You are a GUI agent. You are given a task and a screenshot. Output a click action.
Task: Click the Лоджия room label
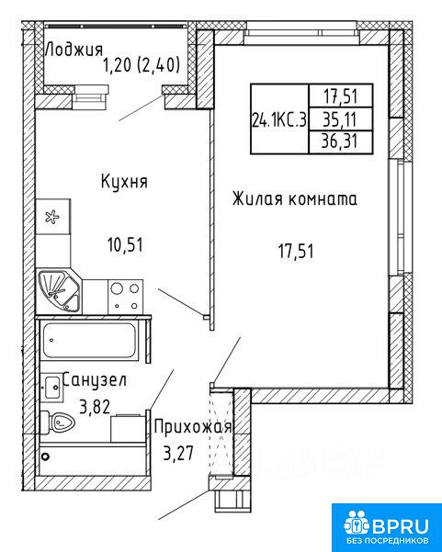(x=74, y=50)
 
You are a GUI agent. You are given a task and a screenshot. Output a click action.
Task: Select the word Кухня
(x=124, y=182)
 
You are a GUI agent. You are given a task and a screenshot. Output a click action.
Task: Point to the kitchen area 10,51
(x=125, y=245)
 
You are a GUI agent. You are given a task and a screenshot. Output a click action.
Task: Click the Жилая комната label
(x=295, y=199)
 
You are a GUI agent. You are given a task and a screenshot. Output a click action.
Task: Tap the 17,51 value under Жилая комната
(x=296, y=252)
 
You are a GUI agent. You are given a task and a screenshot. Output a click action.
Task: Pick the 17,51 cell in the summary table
(x=341, y=96)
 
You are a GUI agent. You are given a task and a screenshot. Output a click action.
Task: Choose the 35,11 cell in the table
(x=341, y=119)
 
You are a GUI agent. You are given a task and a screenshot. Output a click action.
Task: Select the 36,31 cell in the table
(x=341, y=142)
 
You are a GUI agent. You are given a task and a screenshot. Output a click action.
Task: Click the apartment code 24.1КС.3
(x=279, y=120)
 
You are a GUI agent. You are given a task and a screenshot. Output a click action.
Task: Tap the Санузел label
(x=94, y=380)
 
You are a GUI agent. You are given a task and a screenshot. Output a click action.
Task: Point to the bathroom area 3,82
(x=95, y=407)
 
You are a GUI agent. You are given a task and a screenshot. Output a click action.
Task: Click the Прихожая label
(x=193, y=427)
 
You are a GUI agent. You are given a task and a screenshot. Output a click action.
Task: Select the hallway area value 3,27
(x=178, y=453)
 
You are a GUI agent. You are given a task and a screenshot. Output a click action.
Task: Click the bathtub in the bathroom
(x=89, y=340)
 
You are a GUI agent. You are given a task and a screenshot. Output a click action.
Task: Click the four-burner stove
(x=125, y=297)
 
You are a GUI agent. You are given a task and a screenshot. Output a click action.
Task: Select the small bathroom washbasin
(x=52, y=388)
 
